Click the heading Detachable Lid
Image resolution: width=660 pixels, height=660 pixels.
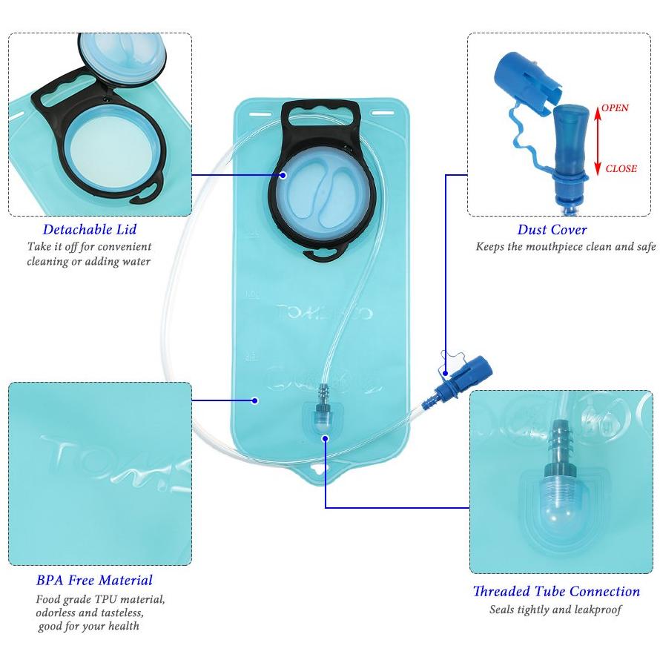tap(90, 229)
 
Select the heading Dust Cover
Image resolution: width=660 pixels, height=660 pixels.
tap(552, 230)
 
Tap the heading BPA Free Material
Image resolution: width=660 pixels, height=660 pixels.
tap(94, 580)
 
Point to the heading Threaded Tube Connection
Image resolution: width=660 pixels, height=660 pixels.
tap(556, 591)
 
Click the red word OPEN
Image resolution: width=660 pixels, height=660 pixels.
tap(615, 108)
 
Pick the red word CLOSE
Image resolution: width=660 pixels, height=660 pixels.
tap(621, 168)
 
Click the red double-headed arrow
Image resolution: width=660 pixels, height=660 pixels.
tap(597, 141)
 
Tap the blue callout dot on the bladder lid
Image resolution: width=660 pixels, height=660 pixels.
tap(283, 175)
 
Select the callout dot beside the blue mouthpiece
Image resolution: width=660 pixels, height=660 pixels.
tap(446, 373)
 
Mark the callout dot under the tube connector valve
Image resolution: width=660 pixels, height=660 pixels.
tap(325, 438)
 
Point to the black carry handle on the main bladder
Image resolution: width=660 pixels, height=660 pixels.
tap(320, 113)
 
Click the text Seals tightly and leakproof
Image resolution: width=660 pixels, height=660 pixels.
tap(555, 610)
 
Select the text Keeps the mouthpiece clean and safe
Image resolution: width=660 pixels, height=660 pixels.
tap(565, 246)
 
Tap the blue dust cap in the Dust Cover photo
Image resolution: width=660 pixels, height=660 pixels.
tap(527, 83)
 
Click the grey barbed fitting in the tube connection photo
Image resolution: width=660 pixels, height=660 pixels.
tap(560, 447)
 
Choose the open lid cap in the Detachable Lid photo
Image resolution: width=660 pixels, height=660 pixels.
tap(122, 58)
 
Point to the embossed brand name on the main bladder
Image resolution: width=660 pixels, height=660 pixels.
tap(324, 312)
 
